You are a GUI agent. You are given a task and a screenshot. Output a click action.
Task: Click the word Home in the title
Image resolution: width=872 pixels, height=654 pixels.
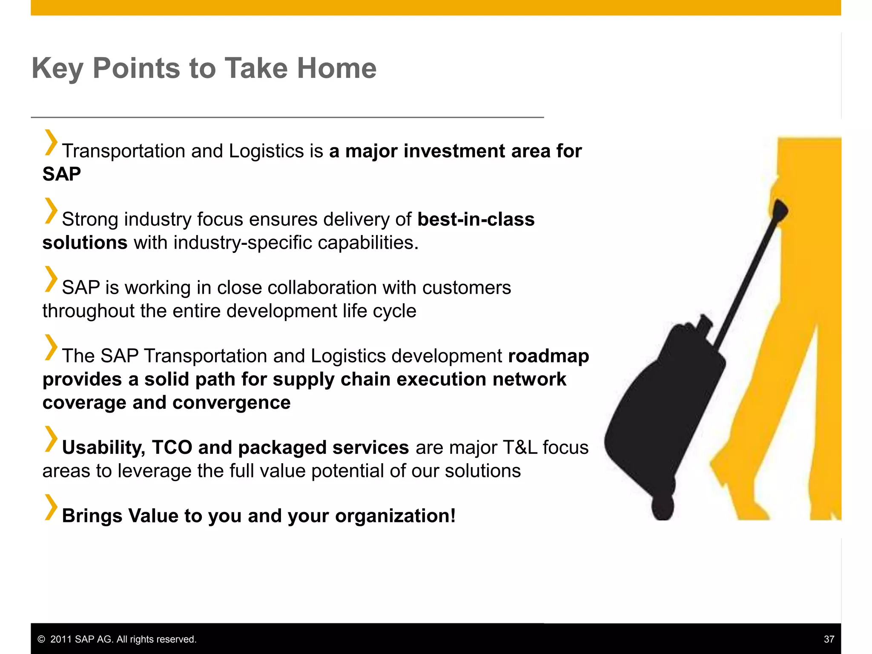click(x=336, y=68)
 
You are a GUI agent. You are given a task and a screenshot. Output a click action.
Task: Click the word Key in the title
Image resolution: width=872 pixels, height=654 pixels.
click(x=57, y=69)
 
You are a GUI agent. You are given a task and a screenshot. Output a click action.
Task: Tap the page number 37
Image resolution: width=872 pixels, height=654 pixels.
click(x=829, y=639)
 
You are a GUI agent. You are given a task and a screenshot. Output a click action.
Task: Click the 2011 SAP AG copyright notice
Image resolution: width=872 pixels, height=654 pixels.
click(x=117, y=639)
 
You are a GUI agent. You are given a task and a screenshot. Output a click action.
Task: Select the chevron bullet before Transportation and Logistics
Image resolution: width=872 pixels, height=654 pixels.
click(x=51, y=143)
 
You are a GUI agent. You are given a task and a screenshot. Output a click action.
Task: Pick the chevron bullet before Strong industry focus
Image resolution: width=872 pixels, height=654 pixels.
click(x=51, y=211)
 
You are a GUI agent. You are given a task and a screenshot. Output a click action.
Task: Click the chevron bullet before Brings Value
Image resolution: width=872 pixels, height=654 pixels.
click(x=51, y=507)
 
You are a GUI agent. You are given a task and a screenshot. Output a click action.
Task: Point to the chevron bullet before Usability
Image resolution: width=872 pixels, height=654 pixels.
click(x=51, y=439)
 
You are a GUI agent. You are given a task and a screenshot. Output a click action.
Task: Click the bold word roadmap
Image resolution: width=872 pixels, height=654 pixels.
click(x=548, y=356)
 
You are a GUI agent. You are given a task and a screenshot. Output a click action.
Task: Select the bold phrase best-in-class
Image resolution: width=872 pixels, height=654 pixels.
click(x=476, y=219)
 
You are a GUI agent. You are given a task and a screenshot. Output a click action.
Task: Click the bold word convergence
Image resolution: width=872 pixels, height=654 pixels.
click(x=231, y=403)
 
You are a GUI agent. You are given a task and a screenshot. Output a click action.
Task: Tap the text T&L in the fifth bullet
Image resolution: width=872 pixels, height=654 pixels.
click(x=520, y=447)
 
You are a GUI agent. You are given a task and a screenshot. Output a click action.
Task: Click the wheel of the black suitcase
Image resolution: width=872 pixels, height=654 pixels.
click(x=663, y=508)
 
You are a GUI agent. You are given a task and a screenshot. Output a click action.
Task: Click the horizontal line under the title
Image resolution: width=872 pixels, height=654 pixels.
click(x=287, y=117)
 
